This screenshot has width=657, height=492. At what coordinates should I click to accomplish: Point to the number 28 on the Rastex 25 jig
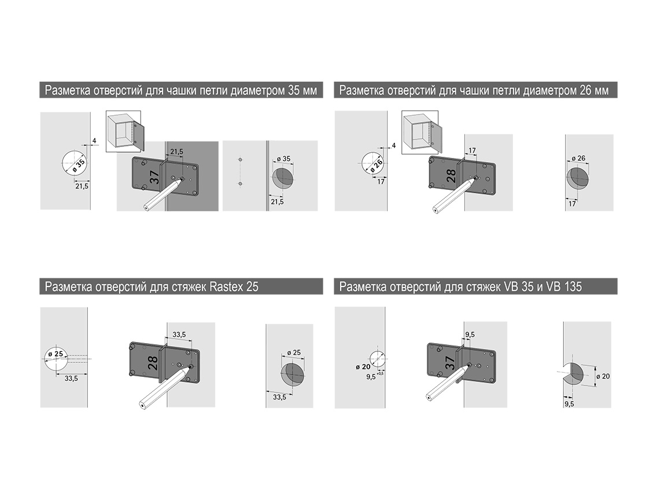pyautogui.click(x=153, y=363)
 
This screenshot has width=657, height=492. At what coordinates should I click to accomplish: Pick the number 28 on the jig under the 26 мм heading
pyautogui.click(x=451, y=176)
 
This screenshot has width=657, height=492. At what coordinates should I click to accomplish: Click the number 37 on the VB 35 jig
pyautogui.click(x=449, y=362)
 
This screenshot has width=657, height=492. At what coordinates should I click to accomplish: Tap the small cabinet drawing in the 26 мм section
pyautogui.click(x=420, y=132)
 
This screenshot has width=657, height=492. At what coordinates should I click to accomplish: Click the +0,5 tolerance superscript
pyautogui.click(x=380, y=373)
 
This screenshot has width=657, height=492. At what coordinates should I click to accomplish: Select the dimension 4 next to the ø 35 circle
pyautogui.click(x=94, y=141)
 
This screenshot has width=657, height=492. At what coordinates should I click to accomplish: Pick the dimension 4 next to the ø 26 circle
pyautogui.click(x=393, y=145)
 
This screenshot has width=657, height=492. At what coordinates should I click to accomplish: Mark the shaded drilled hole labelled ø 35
pyautogui.click(x=283, y=178)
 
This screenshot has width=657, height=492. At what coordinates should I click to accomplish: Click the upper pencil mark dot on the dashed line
pyautogui.click(x=240, y=160)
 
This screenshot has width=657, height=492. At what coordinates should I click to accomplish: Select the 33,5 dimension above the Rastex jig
pyautogui.click(x=179, y=335)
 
